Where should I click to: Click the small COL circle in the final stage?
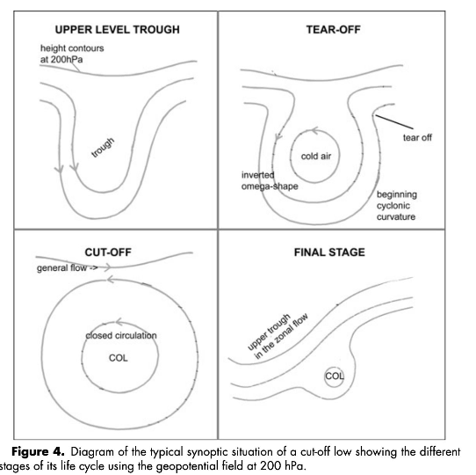tap(335, 376)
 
